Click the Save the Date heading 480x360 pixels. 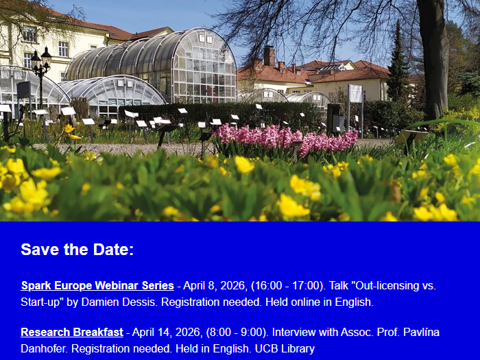pyautogui.click(x=77, y=250)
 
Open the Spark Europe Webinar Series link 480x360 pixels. pyautogui.click(x=97, y=285)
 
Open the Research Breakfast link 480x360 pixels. pyautogui.click(x=72, y=332)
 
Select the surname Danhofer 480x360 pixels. pyautogui.click(x=44, y=348)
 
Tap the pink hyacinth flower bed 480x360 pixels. pyautogui.click(x=285, y=140)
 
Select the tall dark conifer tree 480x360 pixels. pyautogui.click(x=398, y=65)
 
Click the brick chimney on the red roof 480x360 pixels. pyautogui.click(x=269, y=56)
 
